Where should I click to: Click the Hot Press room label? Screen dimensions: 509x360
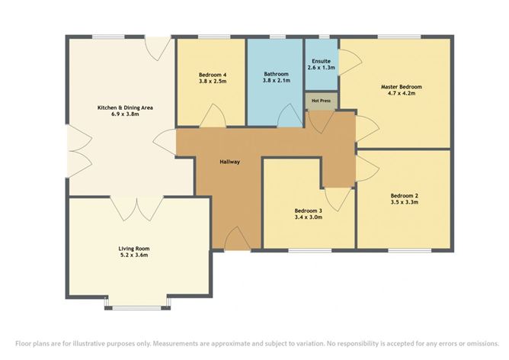point(321,101)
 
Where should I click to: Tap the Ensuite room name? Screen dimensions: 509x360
point(321,61)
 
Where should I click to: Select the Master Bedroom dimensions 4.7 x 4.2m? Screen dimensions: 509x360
point(402,93)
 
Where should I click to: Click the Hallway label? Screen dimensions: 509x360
point(230,162)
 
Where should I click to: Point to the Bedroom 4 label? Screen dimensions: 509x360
point(213,75)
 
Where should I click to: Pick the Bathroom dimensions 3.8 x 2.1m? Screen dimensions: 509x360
point(277,80)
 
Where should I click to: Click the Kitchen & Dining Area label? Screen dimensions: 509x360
point(125,108)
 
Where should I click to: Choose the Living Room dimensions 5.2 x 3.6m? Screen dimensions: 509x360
point(134,255)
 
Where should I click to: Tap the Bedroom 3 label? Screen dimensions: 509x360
point(309,211)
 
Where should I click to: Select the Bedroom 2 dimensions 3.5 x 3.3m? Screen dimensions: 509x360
point(404,202)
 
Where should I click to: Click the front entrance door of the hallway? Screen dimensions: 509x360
point(237,239)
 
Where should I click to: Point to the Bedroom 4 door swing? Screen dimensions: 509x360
point(213,116)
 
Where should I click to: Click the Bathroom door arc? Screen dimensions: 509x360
point(290,116)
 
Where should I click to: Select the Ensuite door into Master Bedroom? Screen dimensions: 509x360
point(351,62)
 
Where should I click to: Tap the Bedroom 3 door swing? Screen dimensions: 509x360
point(338,200)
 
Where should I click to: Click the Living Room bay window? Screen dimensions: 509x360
point(137,307)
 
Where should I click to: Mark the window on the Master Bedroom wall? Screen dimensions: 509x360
point(399,37)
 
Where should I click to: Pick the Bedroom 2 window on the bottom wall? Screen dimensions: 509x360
point(410,250)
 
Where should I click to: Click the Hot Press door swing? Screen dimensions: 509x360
point(321,122)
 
